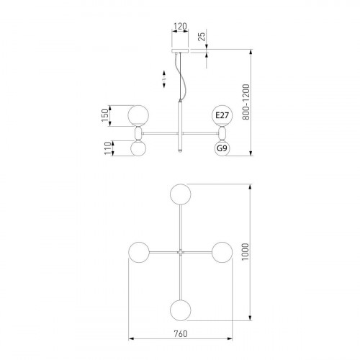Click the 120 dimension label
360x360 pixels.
pos(180,26)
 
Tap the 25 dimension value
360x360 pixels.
pos(202,36)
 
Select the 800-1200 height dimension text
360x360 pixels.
pos(246,102)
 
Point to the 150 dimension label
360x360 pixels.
pos(105,115)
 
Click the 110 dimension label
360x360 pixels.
pos(108,148)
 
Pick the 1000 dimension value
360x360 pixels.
pos(246,252)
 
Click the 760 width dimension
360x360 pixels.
pos(181,333)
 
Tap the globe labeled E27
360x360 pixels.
pos(222,115)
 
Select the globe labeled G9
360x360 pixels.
pos(222,148)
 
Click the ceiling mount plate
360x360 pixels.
pos(180,51)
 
